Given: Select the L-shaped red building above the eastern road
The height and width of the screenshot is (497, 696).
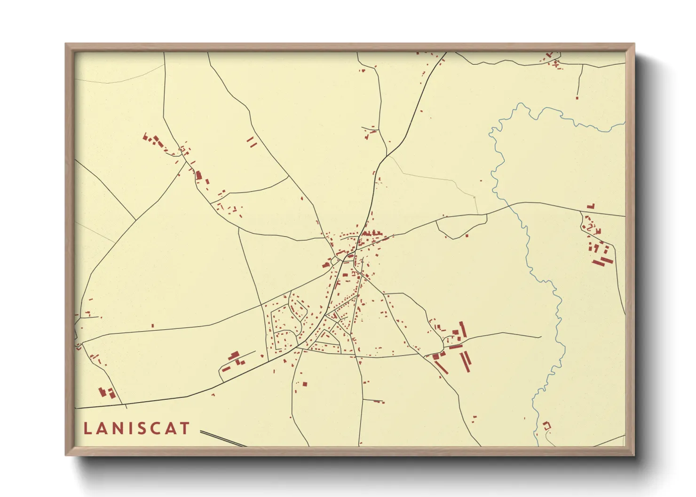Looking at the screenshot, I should click(x=591, y=206).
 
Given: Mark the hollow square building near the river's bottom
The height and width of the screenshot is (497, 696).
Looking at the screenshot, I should click(x=546, y=425).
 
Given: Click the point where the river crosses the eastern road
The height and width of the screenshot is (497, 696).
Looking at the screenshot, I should click(x=510, y=205).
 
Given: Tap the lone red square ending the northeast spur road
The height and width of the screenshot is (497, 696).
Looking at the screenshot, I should click(x=577, y=98).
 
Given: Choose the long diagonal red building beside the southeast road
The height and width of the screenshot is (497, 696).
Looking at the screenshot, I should click(x=441, y=366).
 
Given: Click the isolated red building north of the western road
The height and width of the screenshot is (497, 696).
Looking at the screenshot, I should click(x=152, y=325).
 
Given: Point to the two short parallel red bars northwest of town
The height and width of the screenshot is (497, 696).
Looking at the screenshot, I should click(x=252, y=142).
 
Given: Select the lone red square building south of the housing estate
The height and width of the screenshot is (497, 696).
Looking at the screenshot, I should click(x=304, y=384).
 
